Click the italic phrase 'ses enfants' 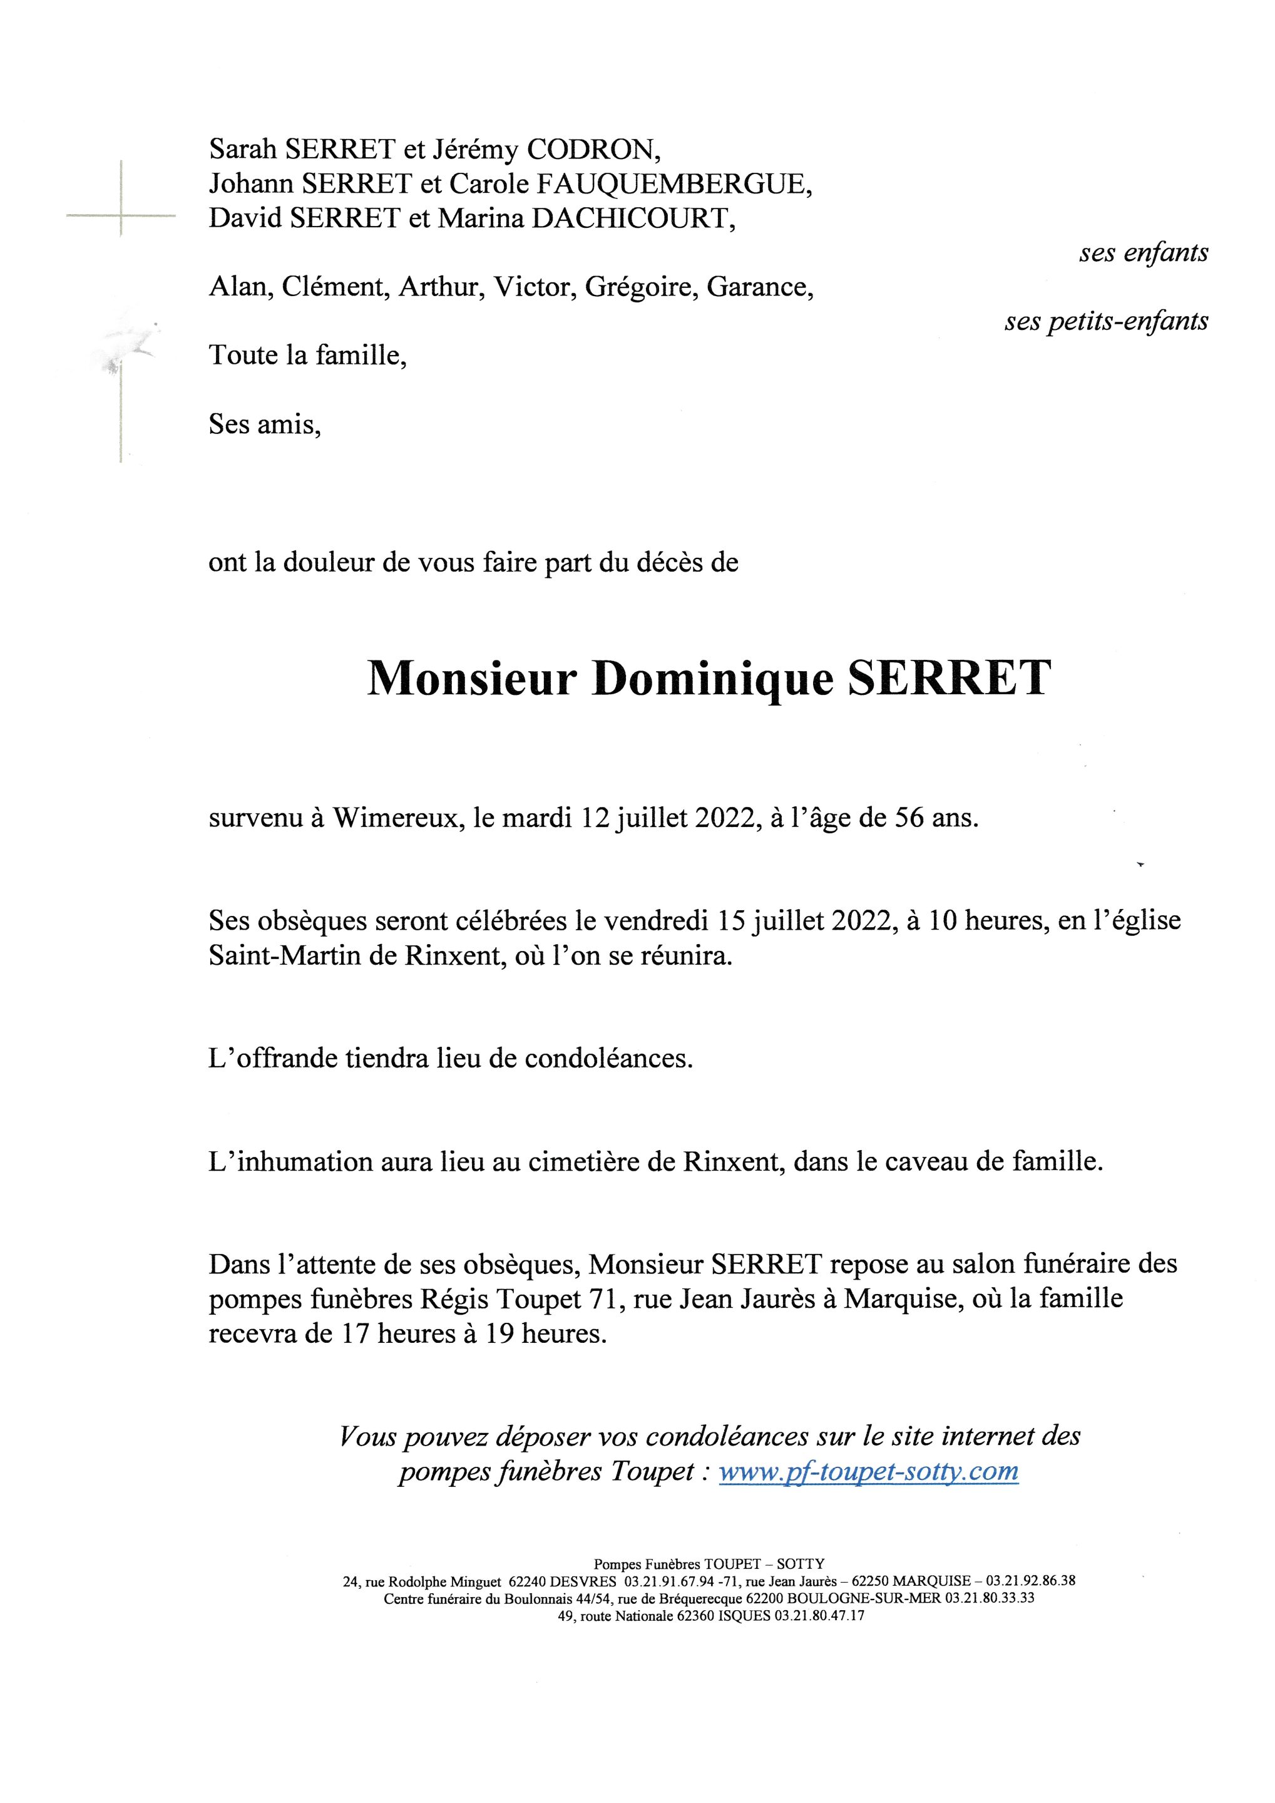(1143, 253)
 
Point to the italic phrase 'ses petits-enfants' (1105, 321)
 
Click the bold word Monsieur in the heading (472, 678)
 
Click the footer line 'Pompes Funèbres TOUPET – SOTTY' (709, 1563)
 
